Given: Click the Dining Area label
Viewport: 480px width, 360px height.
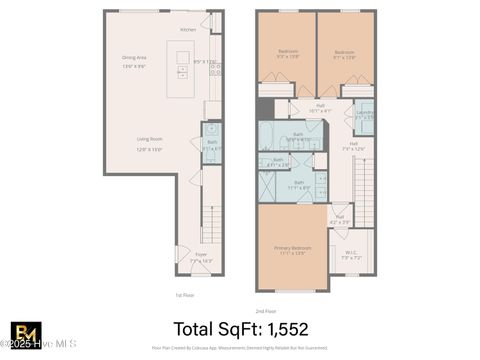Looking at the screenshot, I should click(x=134, y=60).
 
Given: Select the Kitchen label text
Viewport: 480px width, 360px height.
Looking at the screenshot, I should click(x=188, y=30).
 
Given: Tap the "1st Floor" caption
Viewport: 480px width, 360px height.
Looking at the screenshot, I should click(x=182, y=295).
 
